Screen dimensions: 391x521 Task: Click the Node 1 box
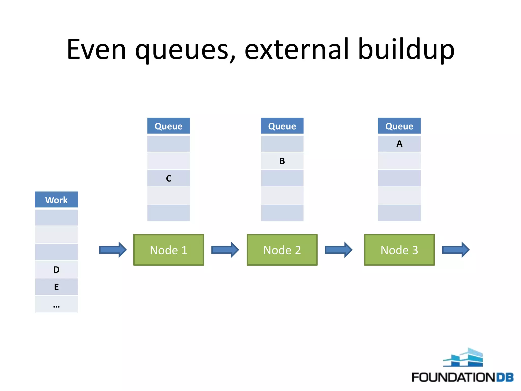(x=168, y=250)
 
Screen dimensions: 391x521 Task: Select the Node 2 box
(x=282, y=250)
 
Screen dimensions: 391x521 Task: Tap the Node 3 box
(x=399, y=250)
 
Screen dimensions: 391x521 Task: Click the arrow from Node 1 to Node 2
(x=225, y=250)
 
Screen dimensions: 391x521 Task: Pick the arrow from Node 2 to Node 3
(x=338, y=250)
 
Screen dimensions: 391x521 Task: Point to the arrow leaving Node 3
(x=456, y=250)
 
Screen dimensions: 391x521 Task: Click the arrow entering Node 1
(x=113, y=250)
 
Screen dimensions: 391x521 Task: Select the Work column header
(x=56, y=200)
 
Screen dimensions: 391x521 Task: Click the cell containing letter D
(x=56, y=269)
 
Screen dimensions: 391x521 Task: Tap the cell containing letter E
(x=56, y=287)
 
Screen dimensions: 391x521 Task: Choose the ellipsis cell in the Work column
(x=56, y=304)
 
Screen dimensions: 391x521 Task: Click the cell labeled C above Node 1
(x=168, y=178)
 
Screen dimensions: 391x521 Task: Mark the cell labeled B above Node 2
(x=282, y=161)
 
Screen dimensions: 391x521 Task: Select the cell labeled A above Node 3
(x=399, y=144)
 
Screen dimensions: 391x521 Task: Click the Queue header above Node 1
(x=168, y=126)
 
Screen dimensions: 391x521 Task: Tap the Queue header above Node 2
(x=282, y=126)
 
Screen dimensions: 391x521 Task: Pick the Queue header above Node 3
(x=399, y=126)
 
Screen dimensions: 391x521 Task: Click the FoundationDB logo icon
(x=463, y=358)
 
